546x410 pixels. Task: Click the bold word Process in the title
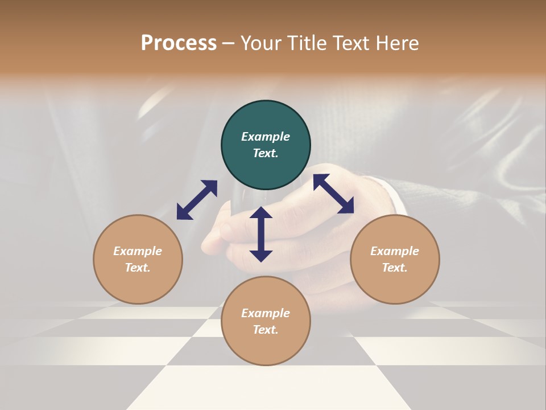pyautogui.click(x=179, y=43)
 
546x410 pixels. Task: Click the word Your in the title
pyautogui.click(x=262, y=43)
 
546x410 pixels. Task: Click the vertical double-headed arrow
pyautogui.click(x=261, y=234)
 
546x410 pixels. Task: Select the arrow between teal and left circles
pyautogui.click(x=197, y=199)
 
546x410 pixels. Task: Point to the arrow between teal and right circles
pyautogui.click(x=333, y=194)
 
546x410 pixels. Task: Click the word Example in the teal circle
pyautogui.click(x=266, y=137)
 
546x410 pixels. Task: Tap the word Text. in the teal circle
pyautogui.click(x=266, y=153)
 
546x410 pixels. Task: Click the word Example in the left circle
pyautogui.click(x=138, y=251)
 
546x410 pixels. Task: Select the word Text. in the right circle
pyautogui.click(x=395, y=268)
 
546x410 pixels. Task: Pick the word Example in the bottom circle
pyautogui.click(x=266, y=313)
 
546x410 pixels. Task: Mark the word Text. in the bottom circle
pyautogui.click(x=266, y=330)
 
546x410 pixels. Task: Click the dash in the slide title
pyautogui.click(x=228, y=44)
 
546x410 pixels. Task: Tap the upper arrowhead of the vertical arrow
pyautogui.click(x=261, y=214)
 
